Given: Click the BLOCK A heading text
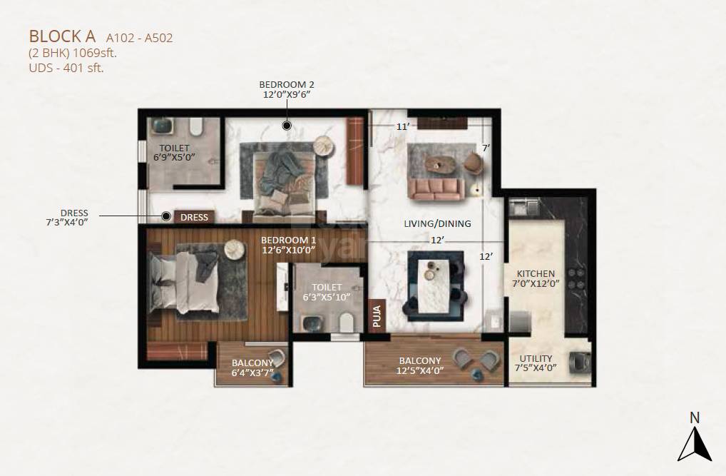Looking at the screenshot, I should coord(63,36).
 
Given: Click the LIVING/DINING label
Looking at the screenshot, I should coord(437,223).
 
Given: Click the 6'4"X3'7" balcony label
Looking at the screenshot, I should coord(252,368).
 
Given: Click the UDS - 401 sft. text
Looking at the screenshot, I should coord(66,69).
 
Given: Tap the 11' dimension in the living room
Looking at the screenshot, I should coord(403,126).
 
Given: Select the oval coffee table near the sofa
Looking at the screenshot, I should coord(439,163).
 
